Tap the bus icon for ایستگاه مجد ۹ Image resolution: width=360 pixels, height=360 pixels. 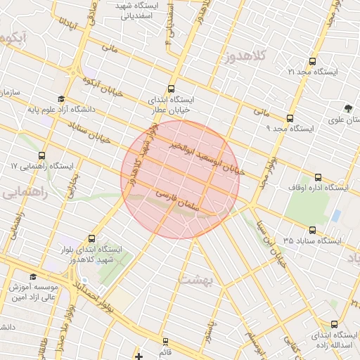coord(290,119)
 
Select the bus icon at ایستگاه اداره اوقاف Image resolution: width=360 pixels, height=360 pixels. coord(318,178)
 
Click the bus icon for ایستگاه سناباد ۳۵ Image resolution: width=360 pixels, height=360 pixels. coord(311,230)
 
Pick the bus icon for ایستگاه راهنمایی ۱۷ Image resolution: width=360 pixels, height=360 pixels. coord(41,155)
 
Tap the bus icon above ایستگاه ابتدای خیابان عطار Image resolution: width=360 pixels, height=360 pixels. coord(172,89)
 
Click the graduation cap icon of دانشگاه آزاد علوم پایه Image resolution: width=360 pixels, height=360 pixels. coord(61,99)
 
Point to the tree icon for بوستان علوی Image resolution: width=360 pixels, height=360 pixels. coord(348,108)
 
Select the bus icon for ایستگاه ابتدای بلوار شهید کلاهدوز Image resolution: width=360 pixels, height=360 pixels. coord(91,240)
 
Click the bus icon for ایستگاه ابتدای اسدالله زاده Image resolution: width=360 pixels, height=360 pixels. coord(333,325)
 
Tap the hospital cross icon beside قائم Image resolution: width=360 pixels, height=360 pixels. coord(139,356)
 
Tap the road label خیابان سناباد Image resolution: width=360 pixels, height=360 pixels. coord(91,133)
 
